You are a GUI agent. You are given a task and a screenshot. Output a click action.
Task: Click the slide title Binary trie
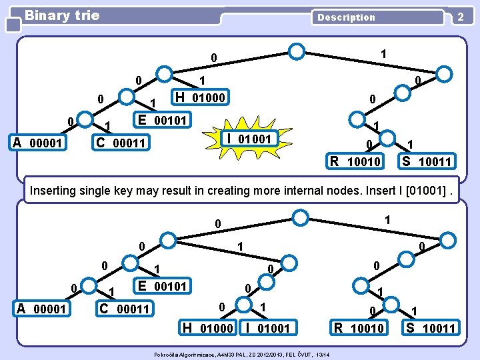pos(61,15)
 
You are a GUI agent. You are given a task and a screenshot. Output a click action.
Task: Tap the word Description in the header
pos(345,17)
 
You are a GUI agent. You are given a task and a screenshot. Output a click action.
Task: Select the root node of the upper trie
pos(297,50)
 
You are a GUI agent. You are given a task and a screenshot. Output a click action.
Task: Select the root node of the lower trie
pos(301,217)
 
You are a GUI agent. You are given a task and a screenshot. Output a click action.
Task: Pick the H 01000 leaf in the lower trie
pos(208,327)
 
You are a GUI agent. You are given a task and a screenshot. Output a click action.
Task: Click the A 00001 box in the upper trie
pos(38,143)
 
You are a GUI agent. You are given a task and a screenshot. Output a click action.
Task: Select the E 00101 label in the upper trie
pos(163,120)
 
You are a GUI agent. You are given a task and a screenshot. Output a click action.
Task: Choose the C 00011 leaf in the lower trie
pos(125,308)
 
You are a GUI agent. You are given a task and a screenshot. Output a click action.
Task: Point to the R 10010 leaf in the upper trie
pos(355,161)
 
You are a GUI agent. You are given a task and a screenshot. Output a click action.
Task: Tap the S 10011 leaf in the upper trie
pos(425,161)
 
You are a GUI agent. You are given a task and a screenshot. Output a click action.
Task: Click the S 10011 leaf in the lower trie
pos(430,327)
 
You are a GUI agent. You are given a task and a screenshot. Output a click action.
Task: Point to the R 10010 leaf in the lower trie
pos(359,327)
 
